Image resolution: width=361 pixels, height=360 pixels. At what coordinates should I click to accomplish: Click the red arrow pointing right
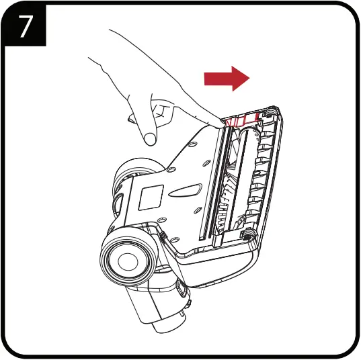tap(227, 79)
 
